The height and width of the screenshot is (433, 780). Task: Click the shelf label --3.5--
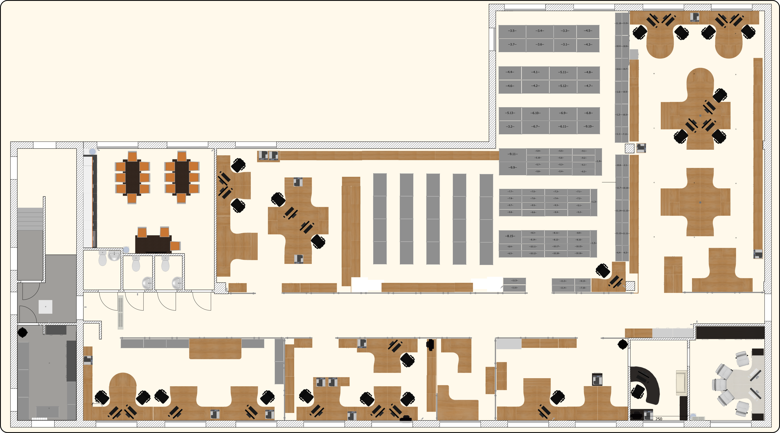pos(512,31)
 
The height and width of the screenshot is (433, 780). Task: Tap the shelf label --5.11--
pos(563,72)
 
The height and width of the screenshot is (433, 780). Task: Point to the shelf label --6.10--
pos(535,113)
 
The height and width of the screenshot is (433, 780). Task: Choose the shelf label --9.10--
pos(589,126)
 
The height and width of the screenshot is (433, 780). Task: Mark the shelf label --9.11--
pos(513,154)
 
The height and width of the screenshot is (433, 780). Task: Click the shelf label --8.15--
pos(510,236)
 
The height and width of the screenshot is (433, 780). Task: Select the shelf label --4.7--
pos(589,86)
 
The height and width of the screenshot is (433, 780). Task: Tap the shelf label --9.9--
pos(513,167)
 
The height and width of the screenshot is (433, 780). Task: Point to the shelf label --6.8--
pos(589,113)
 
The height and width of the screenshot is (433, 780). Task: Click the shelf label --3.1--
pos(565,44)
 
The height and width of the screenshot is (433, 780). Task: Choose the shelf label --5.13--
pos(510,113)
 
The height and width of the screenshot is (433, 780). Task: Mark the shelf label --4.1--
pos(535,72)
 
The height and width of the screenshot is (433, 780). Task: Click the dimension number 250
pos(659,419)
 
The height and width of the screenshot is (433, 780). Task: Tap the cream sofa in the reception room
pos(681,382)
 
